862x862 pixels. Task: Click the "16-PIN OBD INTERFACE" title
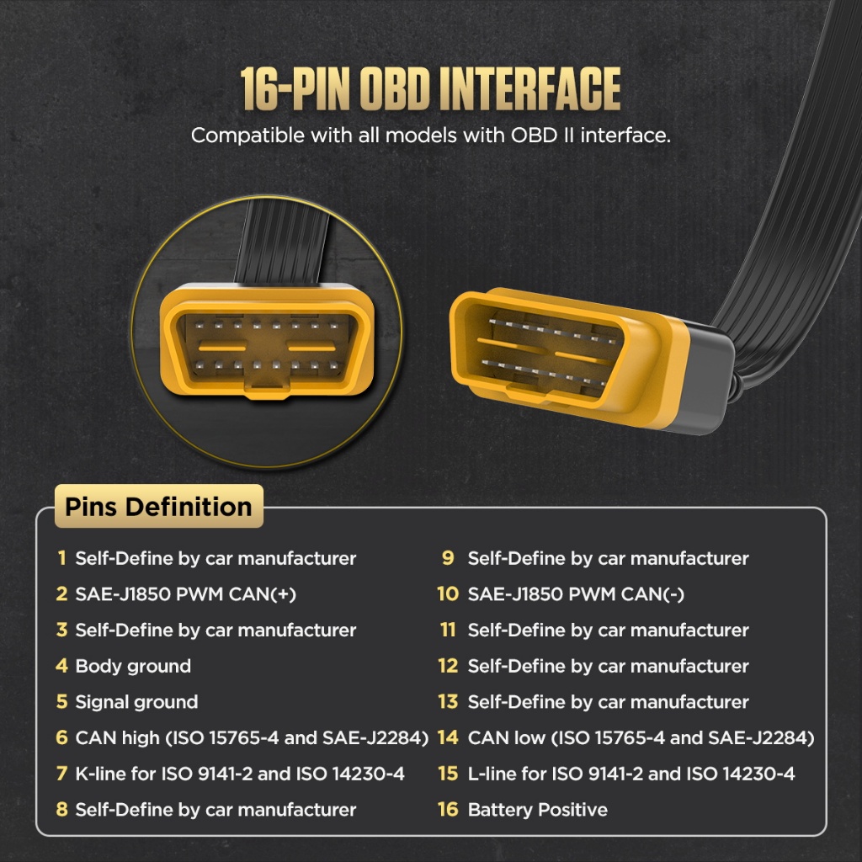pyautogui.click(x=430, y=89)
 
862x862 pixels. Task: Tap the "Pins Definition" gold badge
pyautogui.click(x=159, y=506)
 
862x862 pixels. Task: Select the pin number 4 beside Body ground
pyautogui.click(x=61, y=666)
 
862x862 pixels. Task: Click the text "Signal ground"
pyautogui.click(x=136, y=702)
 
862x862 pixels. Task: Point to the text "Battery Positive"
pyautogui.click(x=538, y=810)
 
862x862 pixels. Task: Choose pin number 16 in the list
pyautogui.click(x=448, y=809)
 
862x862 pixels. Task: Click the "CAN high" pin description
pyautogui.click(x=252, y=737)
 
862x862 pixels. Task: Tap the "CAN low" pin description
pyautogui.click(x=641, y=737)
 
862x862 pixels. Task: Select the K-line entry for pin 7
pyautogui.click(x=240, y=774)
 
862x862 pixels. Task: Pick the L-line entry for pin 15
pyautogui.click(x=631, y=774)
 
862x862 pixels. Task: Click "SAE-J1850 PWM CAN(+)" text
pyautogui.click(x=186, y=594)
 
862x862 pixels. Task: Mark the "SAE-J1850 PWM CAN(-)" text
pyautogui.click(x=576, y=594)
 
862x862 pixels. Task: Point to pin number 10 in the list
pyautogui.click(x=448, y=593)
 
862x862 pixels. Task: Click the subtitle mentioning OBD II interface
pyautogui.click(x=431, y=136)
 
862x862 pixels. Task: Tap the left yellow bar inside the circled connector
pyautogui.click(x=222, y=348)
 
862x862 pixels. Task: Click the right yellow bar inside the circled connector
pyautogui.click(x=311, y=348)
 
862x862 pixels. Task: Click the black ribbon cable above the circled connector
pyautogui.click(x=282, y=242)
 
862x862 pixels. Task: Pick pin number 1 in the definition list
pyautogui.click(x=62, y=558)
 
